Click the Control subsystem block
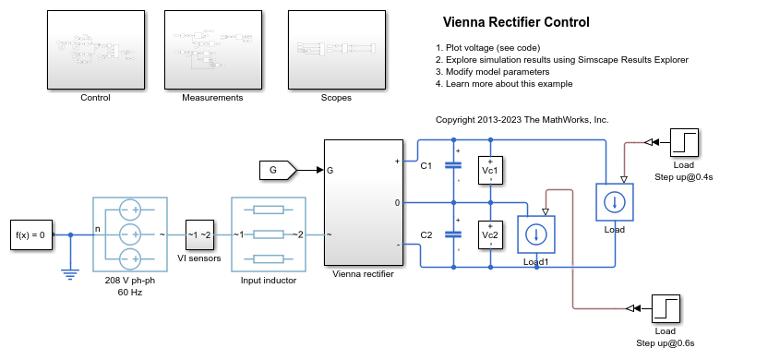pos(95,50)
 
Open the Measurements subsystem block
pos(212,50)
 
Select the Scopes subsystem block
pos(335,50)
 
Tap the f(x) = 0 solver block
pos(31,234)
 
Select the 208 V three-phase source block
pos(129,234)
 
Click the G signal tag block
pos(275,170)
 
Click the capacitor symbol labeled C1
pos(453,166)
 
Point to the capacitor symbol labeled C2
pos(453,234)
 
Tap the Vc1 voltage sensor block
pos(489,170)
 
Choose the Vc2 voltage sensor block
pos(489,235)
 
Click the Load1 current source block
pos(535,234)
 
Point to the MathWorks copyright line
pos(522,120)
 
